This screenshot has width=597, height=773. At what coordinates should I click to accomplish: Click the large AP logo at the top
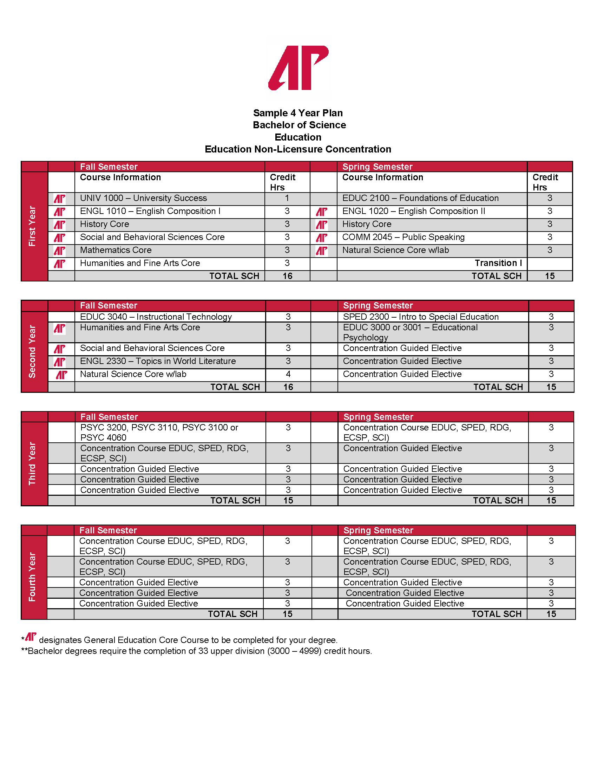coord(298,67)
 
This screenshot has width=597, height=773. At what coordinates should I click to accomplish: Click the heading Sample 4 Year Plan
coord(298,113)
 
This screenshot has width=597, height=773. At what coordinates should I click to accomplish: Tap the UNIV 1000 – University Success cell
coord(143,198)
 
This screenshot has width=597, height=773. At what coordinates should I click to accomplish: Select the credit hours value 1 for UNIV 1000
coord(287,198)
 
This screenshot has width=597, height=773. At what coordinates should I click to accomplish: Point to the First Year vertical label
coord(32,226)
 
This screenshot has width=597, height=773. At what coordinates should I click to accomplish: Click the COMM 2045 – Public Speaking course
coord(403,237)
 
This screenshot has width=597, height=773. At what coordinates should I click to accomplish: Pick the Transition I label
coord(498,263)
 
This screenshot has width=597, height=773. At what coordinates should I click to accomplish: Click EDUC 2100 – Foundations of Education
coord(420,198)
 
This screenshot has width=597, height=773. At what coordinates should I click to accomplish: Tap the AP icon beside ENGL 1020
coord(321,212)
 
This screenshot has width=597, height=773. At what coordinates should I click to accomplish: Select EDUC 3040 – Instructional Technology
coord(156,317)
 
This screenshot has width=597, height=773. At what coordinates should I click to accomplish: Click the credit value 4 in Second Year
coord(288,374)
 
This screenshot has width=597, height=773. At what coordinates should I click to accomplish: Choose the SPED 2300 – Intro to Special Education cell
coord(420,317)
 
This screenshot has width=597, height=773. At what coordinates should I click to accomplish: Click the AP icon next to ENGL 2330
coord(59,362)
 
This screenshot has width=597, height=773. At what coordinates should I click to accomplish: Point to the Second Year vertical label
coord(32,351)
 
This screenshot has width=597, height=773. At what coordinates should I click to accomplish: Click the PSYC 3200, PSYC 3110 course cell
coord(159,432)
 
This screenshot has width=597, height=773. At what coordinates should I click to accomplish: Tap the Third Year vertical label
coord(32,463)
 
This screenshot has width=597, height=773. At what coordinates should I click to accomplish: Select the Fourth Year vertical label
coord(32,577)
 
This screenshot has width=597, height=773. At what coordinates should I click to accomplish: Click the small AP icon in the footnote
coord(31,637)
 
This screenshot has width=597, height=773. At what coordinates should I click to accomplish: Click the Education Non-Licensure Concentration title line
coord(298,149)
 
